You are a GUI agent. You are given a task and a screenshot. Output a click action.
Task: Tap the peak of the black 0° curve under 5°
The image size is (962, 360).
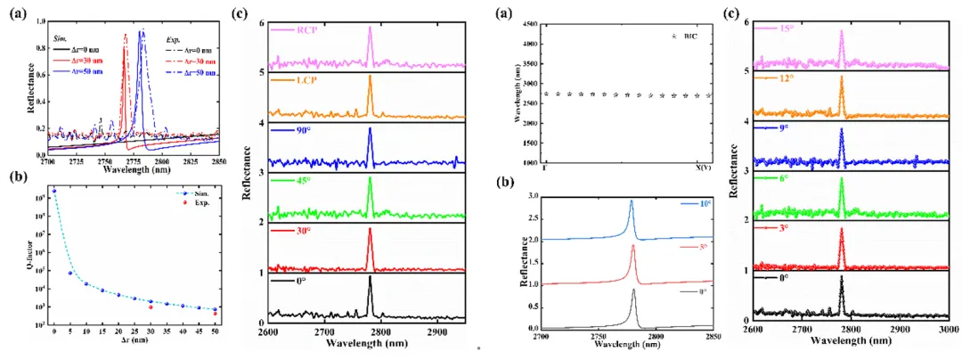coord(634,289)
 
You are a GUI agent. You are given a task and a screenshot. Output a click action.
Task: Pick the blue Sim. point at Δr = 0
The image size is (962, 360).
coord(54,191)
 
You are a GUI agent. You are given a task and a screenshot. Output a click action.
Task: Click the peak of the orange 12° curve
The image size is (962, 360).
coord(841,77)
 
